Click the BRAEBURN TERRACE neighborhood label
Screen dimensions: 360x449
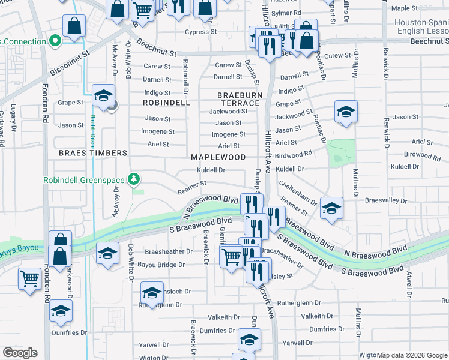coord(238,99)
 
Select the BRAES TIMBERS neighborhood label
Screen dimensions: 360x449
coord(93,153)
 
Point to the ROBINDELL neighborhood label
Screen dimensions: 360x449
coord(166,103)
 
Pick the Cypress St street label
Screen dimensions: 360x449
coord(200,32)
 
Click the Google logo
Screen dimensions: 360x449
coord(20,352)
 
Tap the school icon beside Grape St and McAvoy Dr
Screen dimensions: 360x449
coord(103,96)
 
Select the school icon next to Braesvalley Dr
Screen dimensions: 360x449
coord(331,208)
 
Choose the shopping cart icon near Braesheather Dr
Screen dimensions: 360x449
coord(231,257)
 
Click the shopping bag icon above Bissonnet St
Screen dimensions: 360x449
coord(74,26)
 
